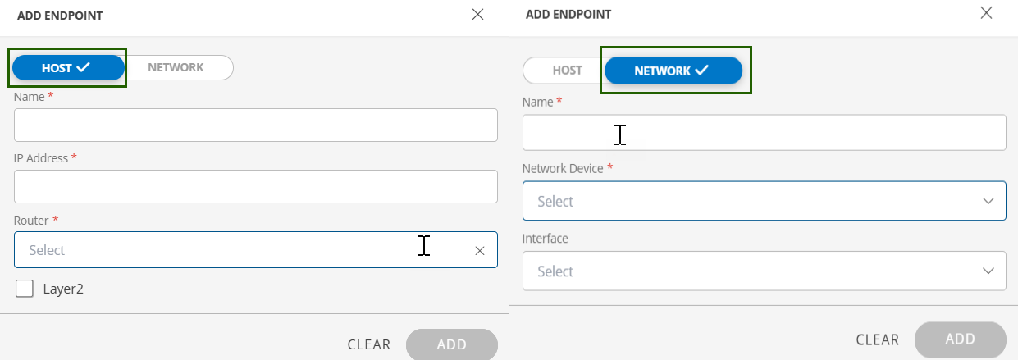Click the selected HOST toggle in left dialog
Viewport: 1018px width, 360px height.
click(67, 68)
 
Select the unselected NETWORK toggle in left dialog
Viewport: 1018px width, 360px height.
click(176, 67)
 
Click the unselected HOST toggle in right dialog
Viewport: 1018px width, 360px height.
click(567, 71)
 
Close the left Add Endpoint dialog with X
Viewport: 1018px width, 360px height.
click(477, 15)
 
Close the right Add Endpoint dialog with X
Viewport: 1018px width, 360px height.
click(986, 12)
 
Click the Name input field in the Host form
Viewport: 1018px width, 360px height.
click(255, 125)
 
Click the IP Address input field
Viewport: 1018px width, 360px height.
click(255, 186)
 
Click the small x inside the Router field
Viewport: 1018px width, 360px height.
click(480, 251)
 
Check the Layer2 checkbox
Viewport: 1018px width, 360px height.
click(25, 289)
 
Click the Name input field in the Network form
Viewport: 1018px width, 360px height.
click(764, 133)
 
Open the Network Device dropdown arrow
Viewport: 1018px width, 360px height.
click(988, 201)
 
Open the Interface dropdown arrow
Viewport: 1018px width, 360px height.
click(988, 271)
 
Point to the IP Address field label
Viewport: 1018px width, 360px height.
click(41, 158)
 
